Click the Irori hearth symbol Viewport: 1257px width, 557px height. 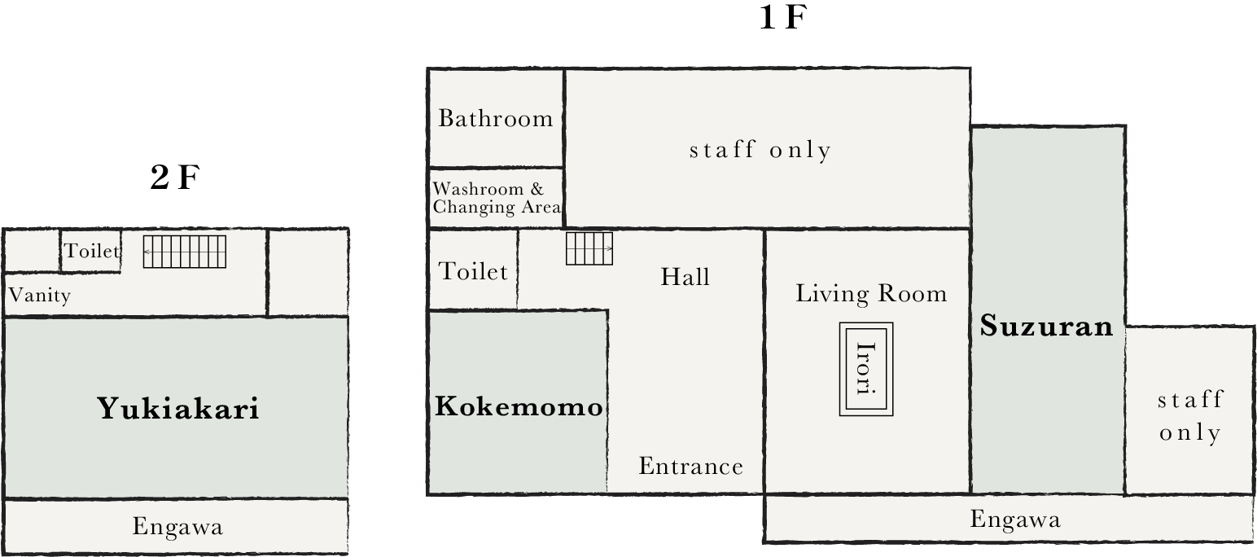(866, 369)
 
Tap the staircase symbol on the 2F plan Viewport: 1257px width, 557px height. (185, 252)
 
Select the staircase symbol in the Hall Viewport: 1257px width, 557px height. (589, 248)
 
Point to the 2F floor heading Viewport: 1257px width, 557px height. (174, 177)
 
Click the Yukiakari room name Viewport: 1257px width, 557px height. (178, 408)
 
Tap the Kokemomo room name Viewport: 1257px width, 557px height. (519, 406)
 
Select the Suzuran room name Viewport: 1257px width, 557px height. (1046, 327)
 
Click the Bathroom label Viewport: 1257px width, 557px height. (496, 119)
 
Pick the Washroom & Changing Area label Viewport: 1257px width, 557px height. (497, 199)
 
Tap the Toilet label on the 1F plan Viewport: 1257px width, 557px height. (473, 271)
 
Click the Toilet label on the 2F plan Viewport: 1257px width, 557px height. (92, 251)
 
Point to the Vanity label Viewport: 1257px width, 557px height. (39, 295)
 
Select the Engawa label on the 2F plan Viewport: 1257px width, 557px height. (177, 527)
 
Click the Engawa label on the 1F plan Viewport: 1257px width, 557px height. (1015, 520)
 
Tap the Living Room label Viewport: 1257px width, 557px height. (871, 293)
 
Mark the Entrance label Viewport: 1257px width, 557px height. (690, 467)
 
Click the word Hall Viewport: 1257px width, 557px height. (685, 277)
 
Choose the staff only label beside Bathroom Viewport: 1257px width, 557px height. (760, 150)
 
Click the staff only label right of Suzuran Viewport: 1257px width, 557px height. (1189, 415)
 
